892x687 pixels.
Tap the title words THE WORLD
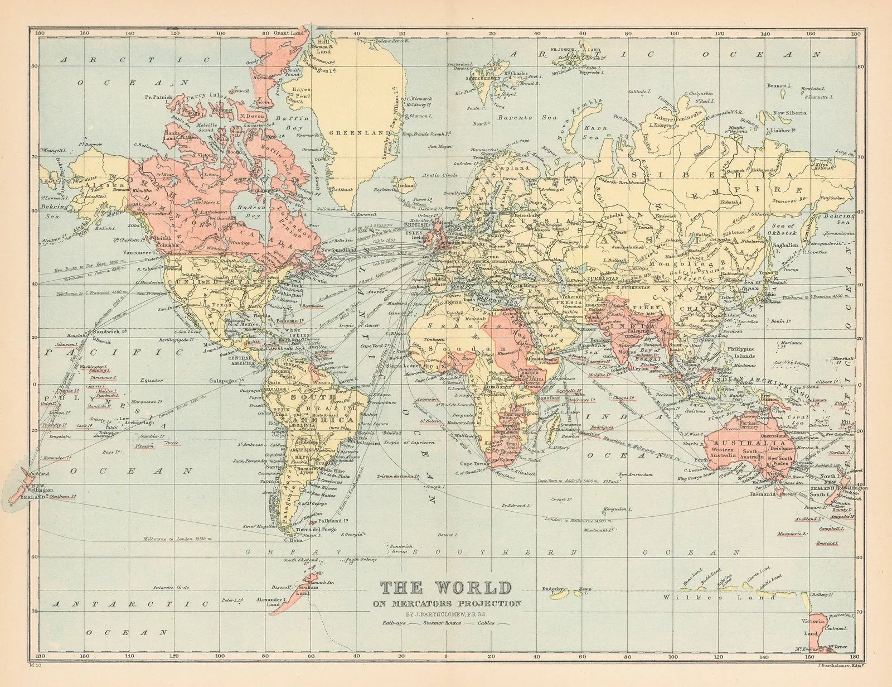tap(445, 588)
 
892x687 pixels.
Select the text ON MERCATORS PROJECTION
tap(448, 603)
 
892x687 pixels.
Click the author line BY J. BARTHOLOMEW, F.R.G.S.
tap(448, 614)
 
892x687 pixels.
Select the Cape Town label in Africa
tap(473, 464)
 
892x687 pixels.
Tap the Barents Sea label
tap(520, 118)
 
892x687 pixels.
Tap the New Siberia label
tap(790, 113)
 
